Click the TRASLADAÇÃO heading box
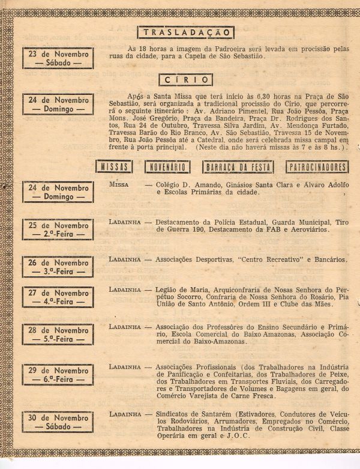(185, 33)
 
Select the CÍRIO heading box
(185, 79)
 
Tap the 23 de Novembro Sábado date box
(58, 58)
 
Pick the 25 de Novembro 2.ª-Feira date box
(58, 229)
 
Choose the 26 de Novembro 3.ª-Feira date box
(58, 267)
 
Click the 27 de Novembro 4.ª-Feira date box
(58, 297)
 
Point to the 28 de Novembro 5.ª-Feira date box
(58, 334)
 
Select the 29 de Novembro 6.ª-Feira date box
(58, 375)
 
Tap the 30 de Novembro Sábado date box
(58, 422)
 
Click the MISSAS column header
(114, 167)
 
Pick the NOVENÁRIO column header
(167, 167)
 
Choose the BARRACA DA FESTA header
(238, 167)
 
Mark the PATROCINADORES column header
(317, 167)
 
